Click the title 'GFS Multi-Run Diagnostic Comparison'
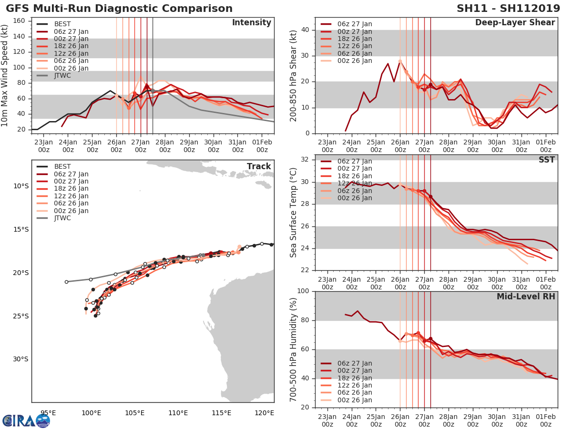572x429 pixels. point(119,9)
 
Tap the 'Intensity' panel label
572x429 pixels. point(251,23)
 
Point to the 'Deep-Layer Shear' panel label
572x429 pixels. point(515,23)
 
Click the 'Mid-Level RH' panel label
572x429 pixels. point(526,296)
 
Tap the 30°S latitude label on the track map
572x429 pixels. point(21,359)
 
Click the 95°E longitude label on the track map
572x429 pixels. point(48,413)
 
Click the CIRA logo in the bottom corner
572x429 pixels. point(26,420)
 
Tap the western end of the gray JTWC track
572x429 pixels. point(66,282)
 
